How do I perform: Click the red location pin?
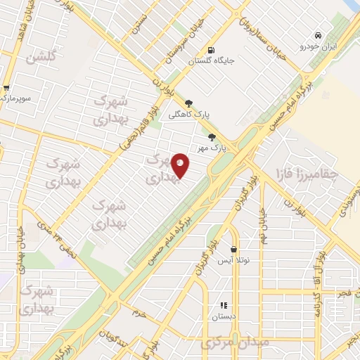(180, 165)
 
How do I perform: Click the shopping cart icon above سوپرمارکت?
(6, 88)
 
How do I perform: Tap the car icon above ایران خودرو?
(319, 35)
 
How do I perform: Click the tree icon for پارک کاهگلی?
(188, 103)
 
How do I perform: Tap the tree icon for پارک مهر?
(212, 138)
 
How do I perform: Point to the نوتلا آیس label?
(232, 260)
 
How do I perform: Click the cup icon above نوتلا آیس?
(233, 250)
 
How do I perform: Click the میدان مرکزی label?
(225, 344)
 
